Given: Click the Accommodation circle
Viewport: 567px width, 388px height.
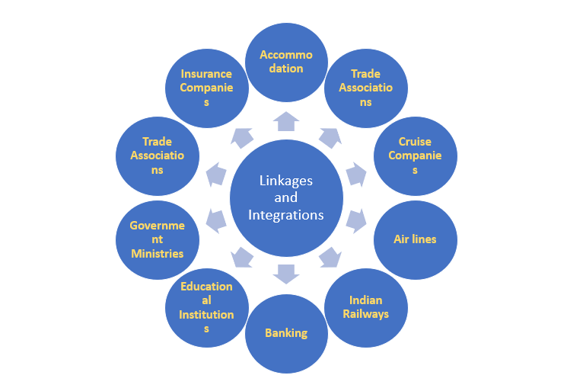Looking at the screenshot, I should (286, 62).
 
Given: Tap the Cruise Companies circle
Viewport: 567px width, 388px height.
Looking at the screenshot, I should (415, 156).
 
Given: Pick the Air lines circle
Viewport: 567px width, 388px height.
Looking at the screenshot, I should (415, 239).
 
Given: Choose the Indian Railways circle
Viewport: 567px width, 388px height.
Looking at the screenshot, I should (367, 307).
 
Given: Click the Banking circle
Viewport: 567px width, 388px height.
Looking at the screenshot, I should (286, 333).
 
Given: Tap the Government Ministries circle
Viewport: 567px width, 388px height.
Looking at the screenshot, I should (157, 239).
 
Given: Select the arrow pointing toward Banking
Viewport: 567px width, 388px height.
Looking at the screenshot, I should (286, 272).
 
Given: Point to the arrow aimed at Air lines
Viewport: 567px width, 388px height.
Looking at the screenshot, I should (356, 221).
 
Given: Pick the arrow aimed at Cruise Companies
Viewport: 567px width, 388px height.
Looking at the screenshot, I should (356, 175).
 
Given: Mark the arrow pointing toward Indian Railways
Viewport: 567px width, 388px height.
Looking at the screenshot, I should (329, 257).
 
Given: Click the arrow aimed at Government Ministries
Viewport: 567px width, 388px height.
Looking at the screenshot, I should (217, 221).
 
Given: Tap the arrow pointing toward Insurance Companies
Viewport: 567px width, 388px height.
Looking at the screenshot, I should (242, 137).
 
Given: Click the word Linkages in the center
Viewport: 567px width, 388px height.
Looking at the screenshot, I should (286, 181).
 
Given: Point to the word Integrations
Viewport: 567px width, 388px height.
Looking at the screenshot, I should (286, 215).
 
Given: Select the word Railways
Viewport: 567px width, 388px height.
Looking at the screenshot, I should (367, 314).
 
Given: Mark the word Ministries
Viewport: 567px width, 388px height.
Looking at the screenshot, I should (157, 253).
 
